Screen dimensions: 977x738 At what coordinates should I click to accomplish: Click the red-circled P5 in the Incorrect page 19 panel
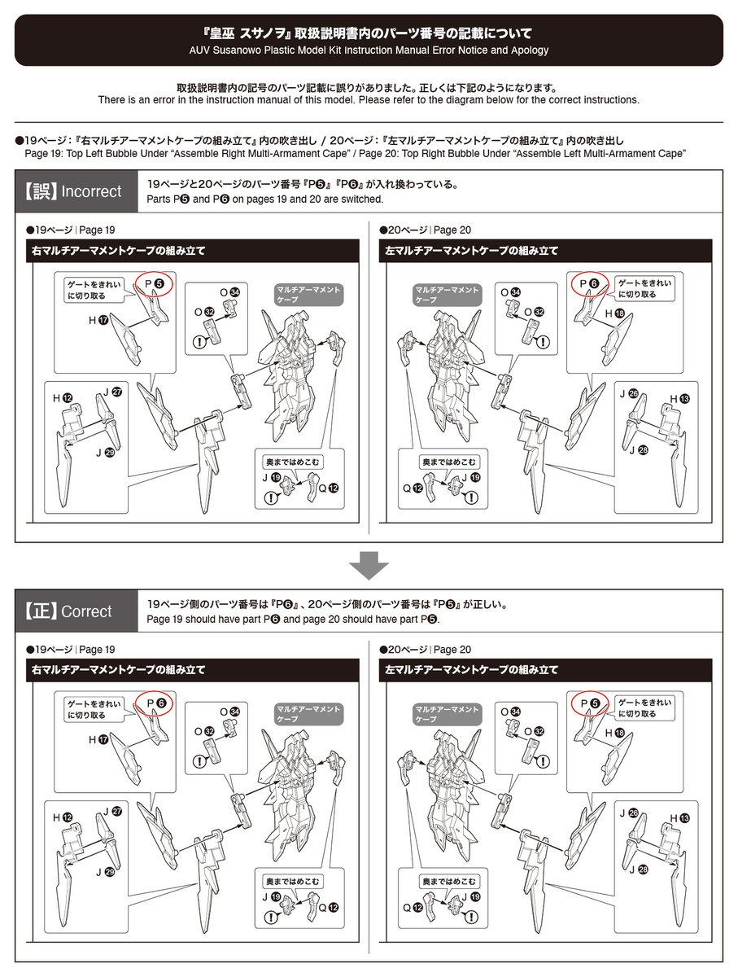[155, 283]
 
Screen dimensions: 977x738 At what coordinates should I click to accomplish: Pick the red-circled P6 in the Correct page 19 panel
[155, 703]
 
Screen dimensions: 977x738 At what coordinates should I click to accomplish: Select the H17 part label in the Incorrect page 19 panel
[97, 321]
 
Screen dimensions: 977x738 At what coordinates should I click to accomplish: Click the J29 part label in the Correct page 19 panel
[105, 872]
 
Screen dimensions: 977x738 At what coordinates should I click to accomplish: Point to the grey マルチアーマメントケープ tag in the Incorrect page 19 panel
[310, 295]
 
